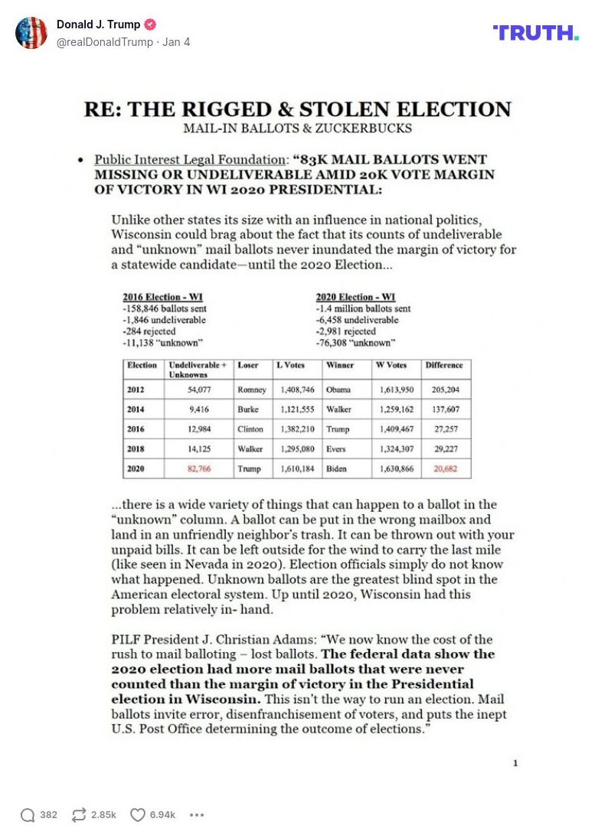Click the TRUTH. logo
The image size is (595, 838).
(x=536, y=32)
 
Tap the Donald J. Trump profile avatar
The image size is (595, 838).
(x=31, y=33)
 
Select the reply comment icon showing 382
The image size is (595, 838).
(x=28, y=815)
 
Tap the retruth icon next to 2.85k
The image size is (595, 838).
(x=79, y=815)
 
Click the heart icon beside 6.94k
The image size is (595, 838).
(x=138, y=815)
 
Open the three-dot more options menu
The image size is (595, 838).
(x=197, y=815)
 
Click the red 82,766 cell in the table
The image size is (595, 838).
(x=199, y=469)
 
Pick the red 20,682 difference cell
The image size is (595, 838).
(x=445, y=469)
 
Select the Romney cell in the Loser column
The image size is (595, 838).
(x=252, y=390)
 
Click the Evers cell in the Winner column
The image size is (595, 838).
(x=338, y=449)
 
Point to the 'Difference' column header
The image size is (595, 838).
(x=444, y=366)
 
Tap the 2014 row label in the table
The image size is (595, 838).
(x=136, y=409)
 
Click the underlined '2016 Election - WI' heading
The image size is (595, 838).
(x=162, y=297)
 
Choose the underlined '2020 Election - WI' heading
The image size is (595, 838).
(x=355, y=297)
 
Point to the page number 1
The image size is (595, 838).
(x=515, y=763)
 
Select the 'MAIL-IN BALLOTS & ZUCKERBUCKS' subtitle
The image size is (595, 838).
(x=297, y=128)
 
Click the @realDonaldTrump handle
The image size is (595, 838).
(x=105, y=42)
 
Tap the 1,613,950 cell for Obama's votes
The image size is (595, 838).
(x=397, y=390)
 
